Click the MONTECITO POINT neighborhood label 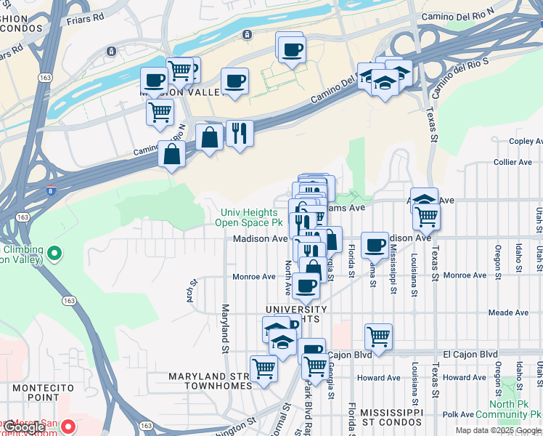coord(36,393)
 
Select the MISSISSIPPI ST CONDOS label coord(392,416)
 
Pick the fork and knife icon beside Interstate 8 coord(240,132)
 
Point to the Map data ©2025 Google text coord(498,430)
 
